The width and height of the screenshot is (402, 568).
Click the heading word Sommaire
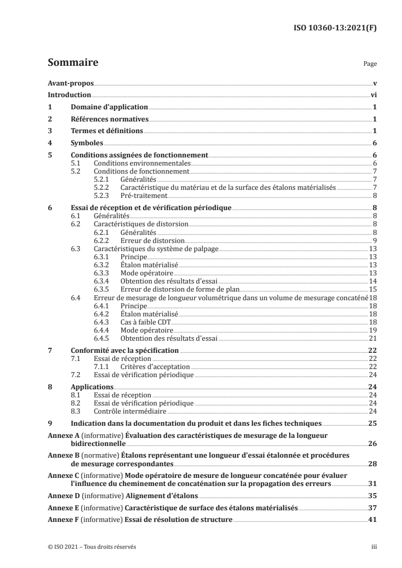click(x=72, y=63)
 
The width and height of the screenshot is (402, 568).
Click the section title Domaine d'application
click(x=108, y=107)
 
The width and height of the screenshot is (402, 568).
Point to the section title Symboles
click(x=87, y=143)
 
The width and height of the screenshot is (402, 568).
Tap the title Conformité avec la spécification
click(x=125, y=350)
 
